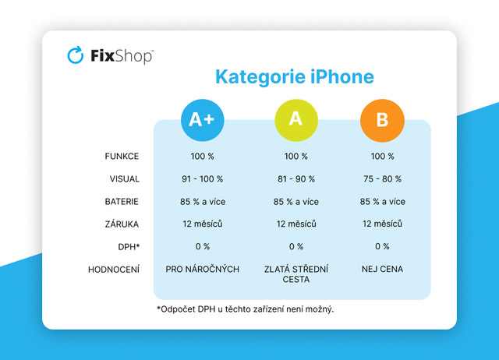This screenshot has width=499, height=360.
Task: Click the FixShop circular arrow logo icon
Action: point(76,55)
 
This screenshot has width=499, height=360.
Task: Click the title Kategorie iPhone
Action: point(294,77)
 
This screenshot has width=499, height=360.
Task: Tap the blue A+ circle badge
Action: point(203,119)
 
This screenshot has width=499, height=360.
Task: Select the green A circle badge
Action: point(296,119)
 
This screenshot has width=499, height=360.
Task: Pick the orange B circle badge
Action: point(382,119)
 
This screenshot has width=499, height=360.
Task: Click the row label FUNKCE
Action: point(122,157)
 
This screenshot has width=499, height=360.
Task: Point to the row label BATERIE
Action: point(122,202)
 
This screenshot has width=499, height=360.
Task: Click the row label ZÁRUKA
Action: point(122,224)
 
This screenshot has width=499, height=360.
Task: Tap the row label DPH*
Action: point(127,247)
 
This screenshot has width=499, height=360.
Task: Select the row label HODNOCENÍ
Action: point(114,270)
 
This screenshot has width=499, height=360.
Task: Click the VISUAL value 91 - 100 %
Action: point(203,179)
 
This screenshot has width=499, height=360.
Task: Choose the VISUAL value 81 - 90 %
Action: point(296,179)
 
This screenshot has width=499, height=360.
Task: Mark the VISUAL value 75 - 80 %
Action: point(382,179)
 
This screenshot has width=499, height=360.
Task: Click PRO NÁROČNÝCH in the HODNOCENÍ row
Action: point(203,270)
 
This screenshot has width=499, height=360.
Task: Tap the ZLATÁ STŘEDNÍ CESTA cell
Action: point(296,274)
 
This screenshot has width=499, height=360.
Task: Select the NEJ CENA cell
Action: point(382,270)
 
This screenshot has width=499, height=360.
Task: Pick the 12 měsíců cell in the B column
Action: point(382,224)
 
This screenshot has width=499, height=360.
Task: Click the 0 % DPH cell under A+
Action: point(203,247)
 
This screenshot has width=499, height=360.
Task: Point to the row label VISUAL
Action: point(124,179)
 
